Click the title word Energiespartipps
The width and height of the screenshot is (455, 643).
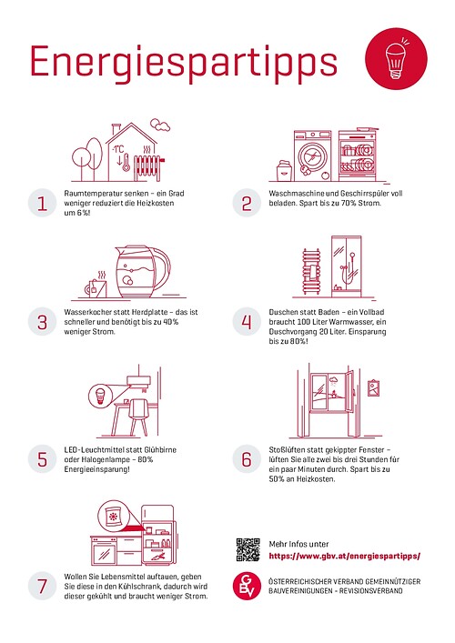click(184, 63)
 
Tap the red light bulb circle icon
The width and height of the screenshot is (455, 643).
click(396, 58)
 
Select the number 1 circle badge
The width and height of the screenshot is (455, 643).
click(42, 203)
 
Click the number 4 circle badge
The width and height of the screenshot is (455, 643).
click(247, 322)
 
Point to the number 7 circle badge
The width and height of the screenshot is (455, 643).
click(42, 586)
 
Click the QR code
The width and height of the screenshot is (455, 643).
click(248, 550)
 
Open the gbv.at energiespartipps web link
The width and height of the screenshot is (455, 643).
click(345, 557)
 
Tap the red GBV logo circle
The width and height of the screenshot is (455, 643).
click(247, 587)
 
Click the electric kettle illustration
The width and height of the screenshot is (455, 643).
click(142, 271)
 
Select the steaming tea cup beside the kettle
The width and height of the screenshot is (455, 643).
click(96, 285)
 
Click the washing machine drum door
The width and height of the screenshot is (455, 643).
click(312, 157)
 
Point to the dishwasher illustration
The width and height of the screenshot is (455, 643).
click(358, 156)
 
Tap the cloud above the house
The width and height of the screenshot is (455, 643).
click(160, 125)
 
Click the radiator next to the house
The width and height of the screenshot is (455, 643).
click(148, 166)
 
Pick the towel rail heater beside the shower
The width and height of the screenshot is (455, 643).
click(312, 271)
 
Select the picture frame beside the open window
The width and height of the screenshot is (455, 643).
click(373, 388)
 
